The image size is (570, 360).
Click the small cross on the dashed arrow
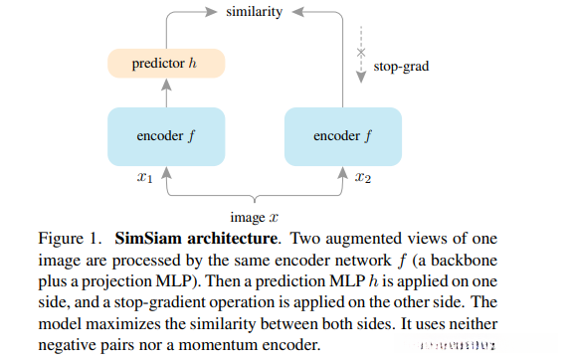click(x=361, y=52)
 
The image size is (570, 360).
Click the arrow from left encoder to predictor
click(x=166, y=94)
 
